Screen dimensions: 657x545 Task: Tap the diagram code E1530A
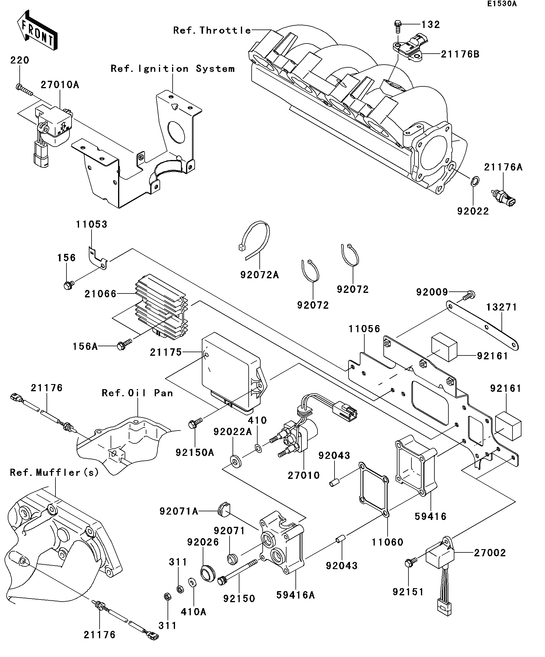point(501,4)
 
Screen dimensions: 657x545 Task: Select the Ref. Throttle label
point(212,30)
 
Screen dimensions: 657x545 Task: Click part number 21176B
point(460,55)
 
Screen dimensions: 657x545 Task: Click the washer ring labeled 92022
point(475,181)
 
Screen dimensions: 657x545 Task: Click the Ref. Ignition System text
point(173,69)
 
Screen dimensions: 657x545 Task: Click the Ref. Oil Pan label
point(137,393)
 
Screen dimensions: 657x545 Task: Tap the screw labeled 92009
point(469,294)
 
